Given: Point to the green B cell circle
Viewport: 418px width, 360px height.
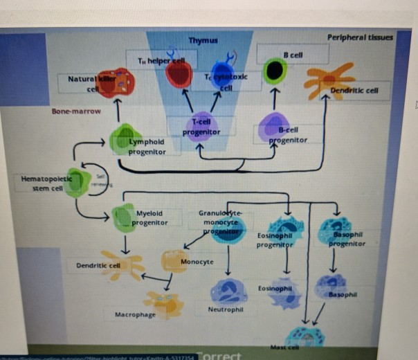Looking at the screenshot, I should point(275,71).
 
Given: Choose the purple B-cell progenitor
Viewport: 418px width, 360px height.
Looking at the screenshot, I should point(273,127).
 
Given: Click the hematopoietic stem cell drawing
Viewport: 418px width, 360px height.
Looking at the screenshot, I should point(78,181).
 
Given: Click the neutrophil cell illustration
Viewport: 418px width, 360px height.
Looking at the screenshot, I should point(229,291).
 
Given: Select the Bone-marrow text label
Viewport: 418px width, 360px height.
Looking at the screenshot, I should point(75,111).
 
